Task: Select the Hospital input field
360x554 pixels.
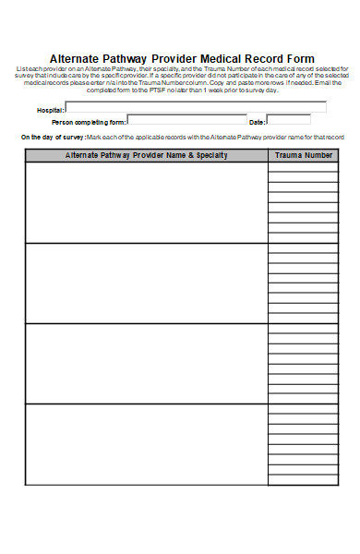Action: tap(196, 107)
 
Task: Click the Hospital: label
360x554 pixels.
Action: tap(51, 109)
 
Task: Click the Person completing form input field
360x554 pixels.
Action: tap(186, 120)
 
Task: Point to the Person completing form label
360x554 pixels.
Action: tap(88, 121)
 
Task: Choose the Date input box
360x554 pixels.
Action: tap(288, 120)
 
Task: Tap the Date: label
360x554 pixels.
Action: tap(258, 121)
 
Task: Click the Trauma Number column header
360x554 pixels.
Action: tap(304, 155)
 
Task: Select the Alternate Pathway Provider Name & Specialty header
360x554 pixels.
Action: tap(147, 155)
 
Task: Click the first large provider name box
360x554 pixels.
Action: tap(147, 202)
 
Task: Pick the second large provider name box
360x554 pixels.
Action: tap(147, 283)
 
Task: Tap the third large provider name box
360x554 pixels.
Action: tap(147, 363)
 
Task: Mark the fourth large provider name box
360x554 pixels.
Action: tap(147, 444)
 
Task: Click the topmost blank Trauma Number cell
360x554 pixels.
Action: tap(304, 167)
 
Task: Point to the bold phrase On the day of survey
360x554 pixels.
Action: tap(52, 137)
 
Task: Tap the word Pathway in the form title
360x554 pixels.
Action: tap(132, 58)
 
